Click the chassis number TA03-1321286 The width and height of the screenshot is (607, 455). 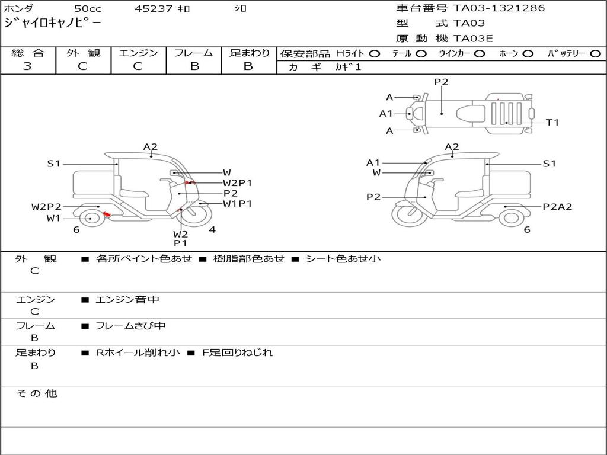(x=499, y=8)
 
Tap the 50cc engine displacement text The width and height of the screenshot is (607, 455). (x=87, y=9)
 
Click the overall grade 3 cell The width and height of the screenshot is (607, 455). (x=28, y=66)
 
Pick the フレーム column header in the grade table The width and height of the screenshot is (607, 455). (x=194, y=53)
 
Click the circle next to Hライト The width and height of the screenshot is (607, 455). (x=375, y=53)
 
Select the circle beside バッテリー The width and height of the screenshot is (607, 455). (x=595, y=53)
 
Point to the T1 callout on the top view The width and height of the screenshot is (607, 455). (x=552, y=123)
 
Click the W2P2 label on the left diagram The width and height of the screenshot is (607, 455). (x=46, y=207)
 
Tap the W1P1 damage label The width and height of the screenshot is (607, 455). (x=238, y=204)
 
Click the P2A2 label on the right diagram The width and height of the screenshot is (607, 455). (x=557, y=207)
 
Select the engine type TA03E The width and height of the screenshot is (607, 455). (x=473, y=39)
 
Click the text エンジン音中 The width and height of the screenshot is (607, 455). (x=127, y=300)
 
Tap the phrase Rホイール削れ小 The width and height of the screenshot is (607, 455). (x=138, y=353)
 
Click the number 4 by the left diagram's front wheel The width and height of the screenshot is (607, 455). (x=212, y=230)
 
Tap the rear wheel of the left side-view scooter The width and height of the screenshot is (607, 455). (x=90, y=218)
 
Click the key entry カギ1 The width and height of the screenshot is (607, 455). (x=348, y=67)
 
